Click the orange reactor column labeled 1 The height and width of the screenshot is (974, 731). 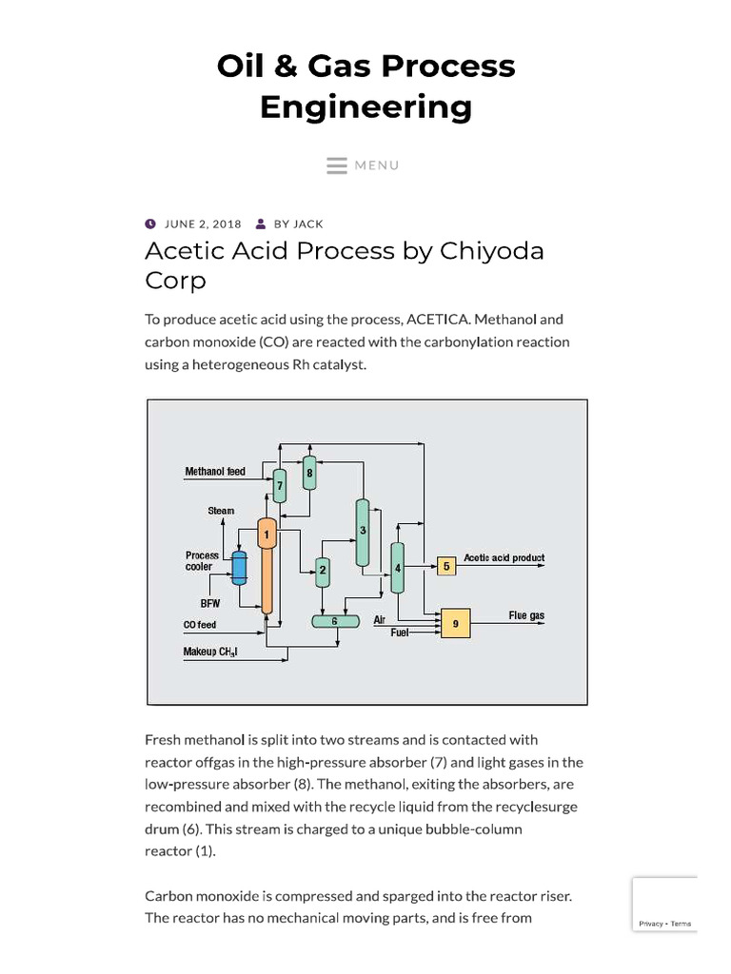(x=267, y=566)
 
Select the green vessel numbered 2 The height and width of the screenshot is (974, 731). (x=323, y=570)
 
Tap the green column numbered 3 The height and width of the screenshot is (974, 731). (x=363, y=532)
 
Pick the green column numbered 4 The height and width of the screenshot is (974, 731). (x=398, y=567)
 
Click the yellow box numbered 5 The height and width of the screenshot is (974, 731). (x=446, y=567)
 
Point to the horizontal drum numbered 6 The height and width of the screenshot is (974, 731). (x=334, y=621)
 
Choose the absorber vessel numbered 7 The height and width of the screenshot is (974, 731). (x=280, y=485)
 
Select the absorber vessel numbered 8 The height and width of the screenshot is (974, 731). (x=309, y=470)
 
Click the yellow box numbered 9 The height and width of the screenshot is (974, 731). (x=455, y=623)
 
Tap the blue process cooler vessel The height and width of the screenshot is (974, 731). (x=239, y=568)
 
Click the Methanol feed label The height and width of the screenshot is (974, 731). (x=215, y=472)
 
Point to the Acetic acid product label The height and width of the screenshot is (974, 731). (x=504, y=558)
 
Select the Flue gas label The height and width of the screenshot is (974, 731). (x=526, y=615)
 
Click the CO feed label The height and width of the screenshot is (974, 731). (x=200, y=625)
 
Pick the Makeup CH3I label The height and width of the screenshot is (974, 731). (x=209, y=652)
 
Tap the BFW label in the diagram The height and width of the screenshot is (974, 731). (x=209, y=603)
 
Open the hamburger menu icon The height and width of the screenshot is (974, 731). (x=337, y=166)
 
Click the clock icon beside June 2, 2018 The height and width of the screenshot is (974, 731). (x=150, y=224)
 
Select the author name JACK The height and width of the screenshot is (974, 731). (x=308, y=224)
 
